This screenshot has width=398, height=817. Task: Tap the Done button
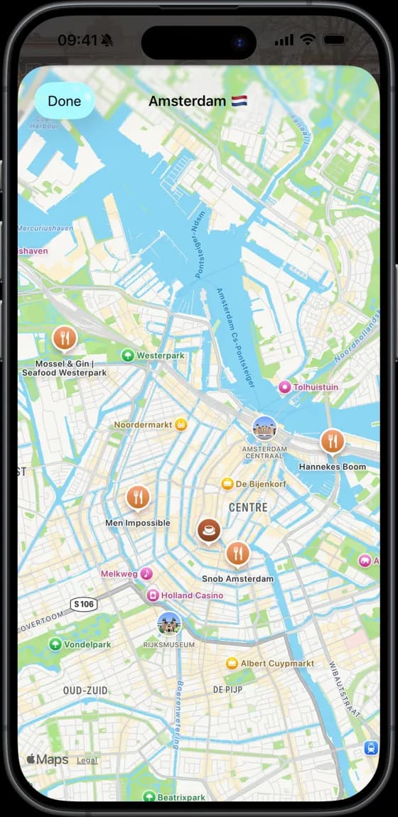tap(64, 101)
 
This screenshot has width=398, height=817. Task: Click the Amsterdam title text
tap(187, 101)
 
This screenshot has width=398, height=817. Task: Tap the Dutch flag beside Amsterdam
tap(238, 101)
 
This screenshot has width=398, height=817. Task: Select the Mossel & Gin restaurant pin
tap(65, 338)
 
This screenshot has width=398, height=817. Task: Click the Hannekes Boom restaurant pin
tap(332, 441)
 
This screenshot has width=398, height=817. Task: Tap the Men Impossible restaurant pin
tap(138, 497)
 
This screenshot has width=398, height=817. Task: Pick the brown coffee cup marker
tap(209, 529)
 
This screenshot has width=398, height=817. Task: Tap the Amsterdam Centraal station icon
tap(264, 428)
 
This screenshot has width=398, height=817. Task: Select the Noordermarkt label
tap(144, 425)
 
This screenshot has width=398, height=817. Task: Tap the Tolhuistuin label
tap(316, 387)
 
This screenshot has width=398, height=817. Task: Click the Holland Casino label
tap(191, 595)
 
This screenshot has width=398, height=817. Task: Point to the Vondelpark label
tap(87, 644)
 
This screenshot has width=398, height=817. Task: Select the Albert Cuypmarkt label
tap(276, 664)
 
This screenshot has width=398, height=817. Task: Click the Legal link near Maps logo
tap(87, 760)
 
